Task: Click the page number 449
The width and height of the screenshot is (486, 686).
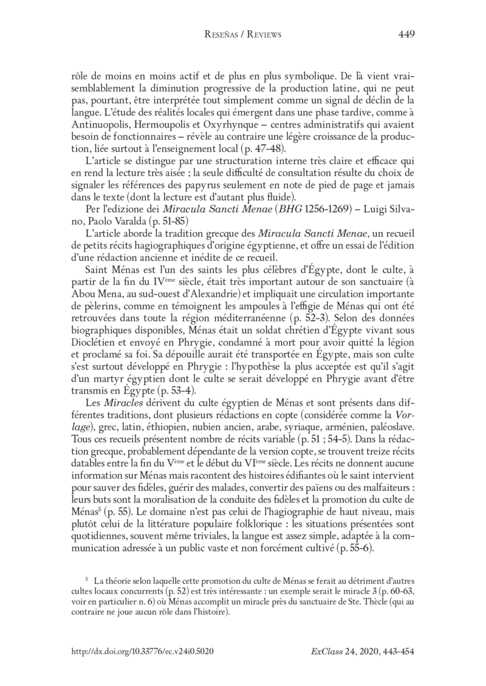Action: [406, 35]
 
